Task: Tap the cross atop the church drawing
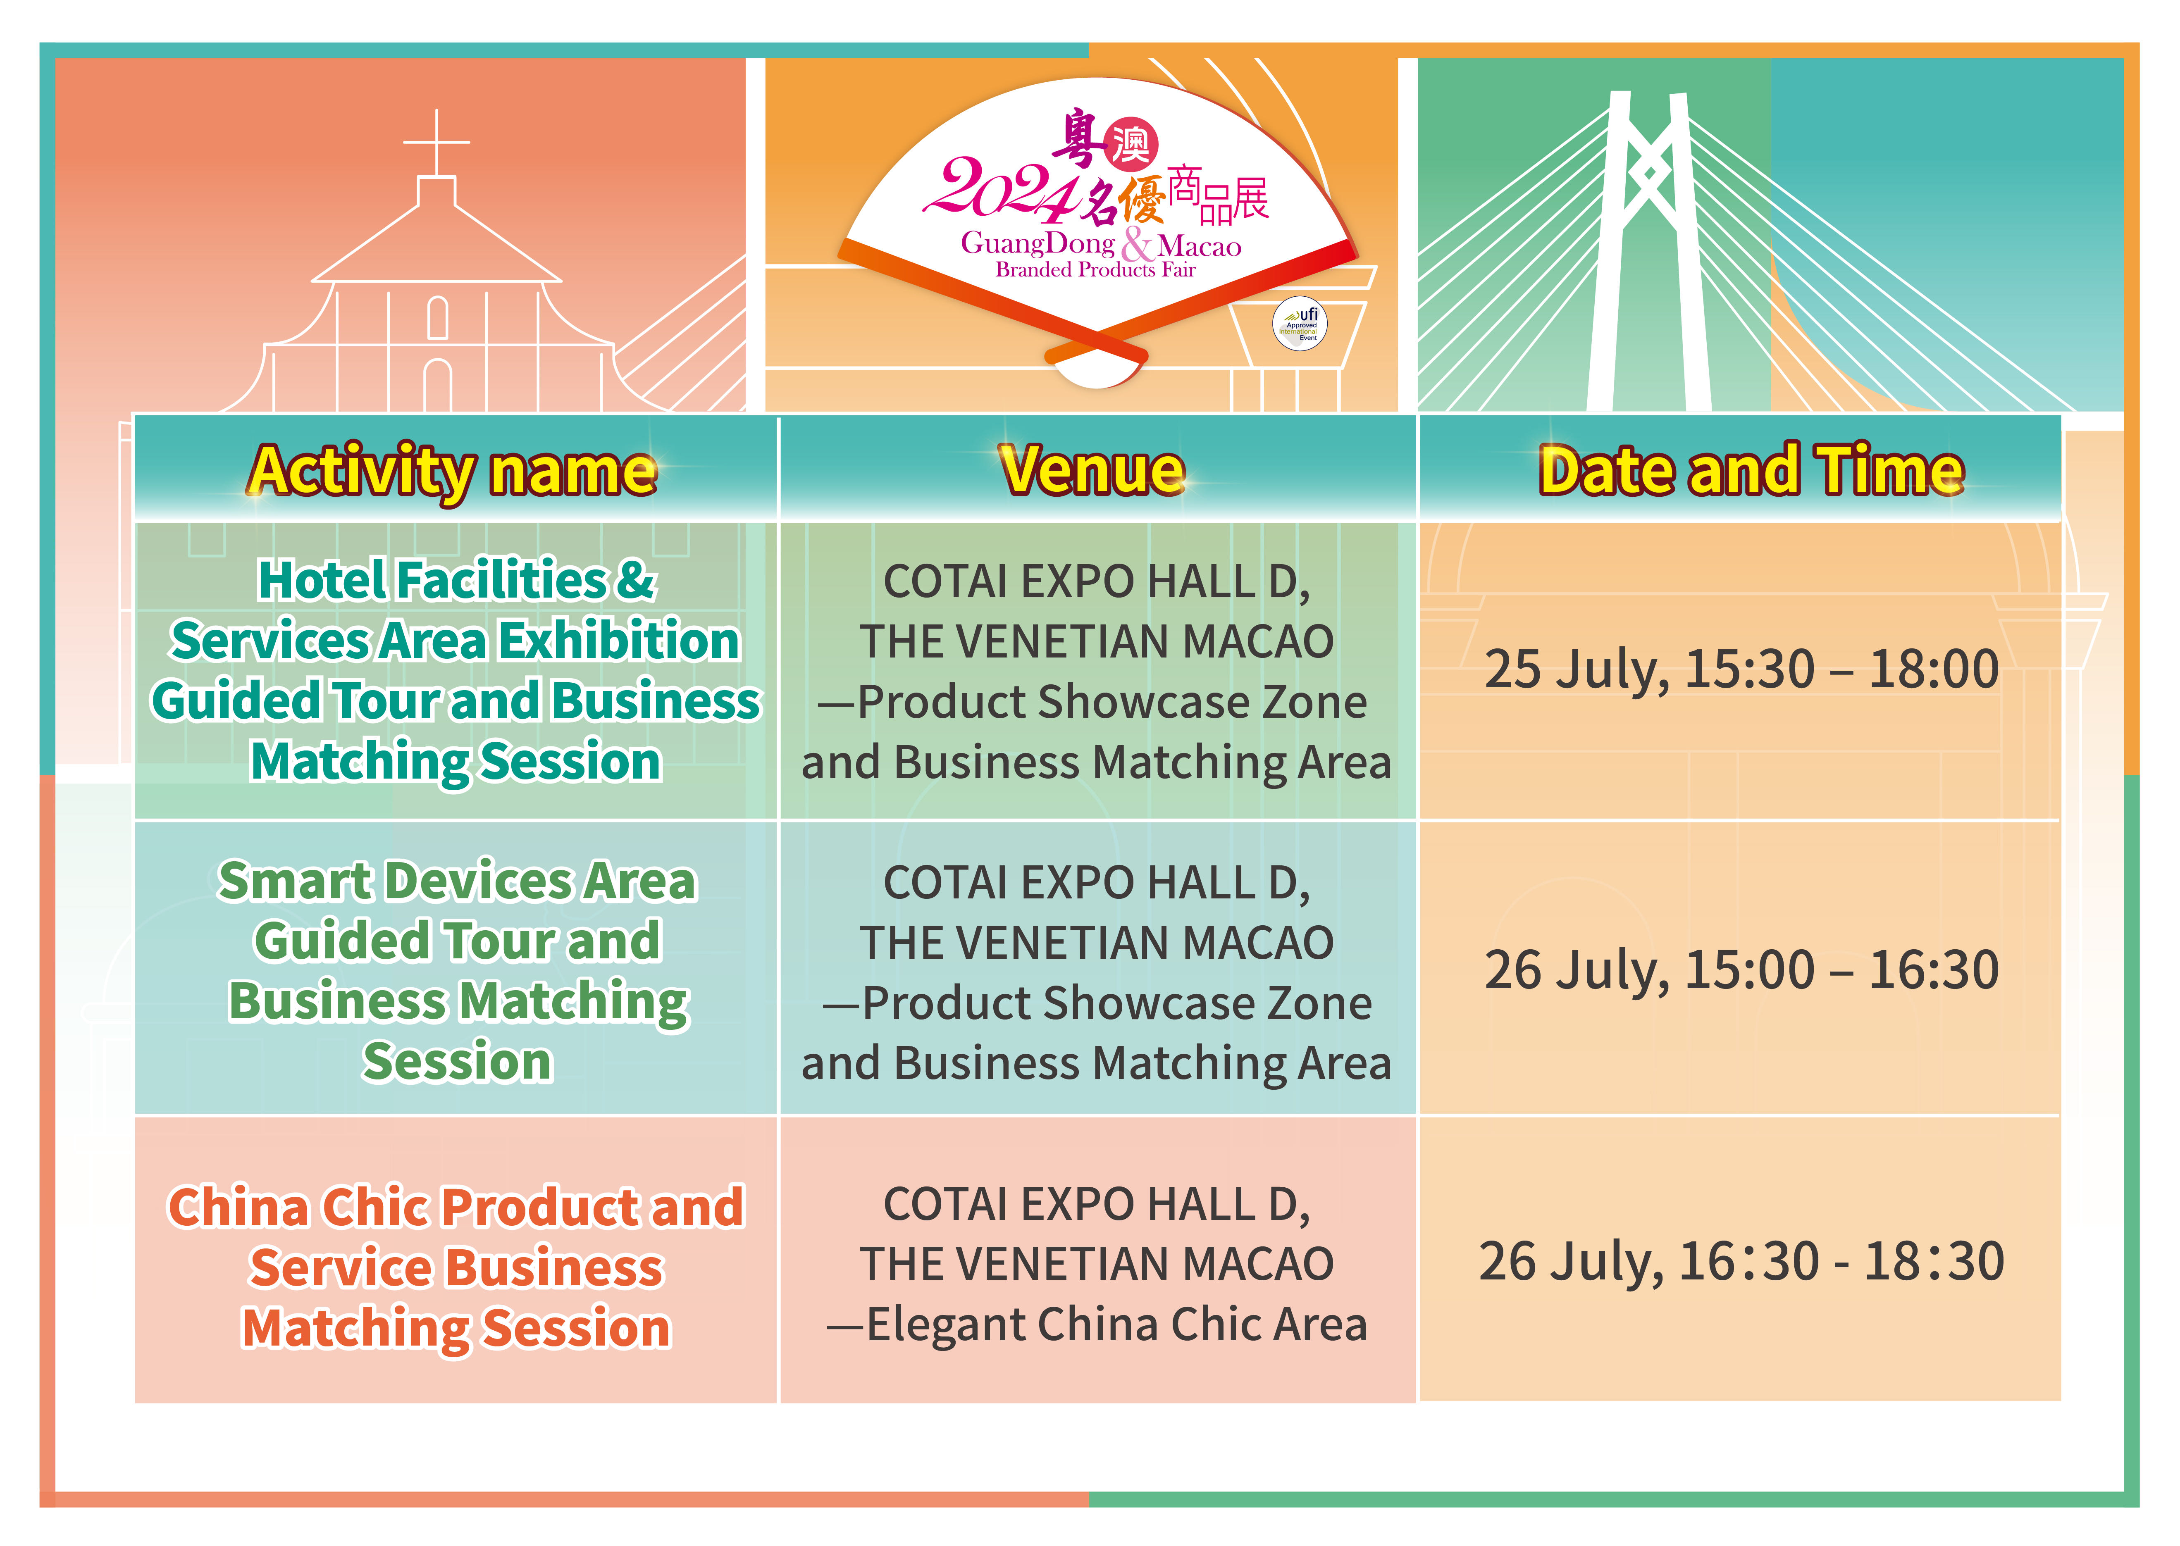[437, 143]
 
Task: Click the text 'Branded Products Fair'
[1095, 270]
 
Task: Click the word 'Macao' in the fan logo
[1200, 247]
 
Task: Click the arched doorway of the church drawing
[438, 386]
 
